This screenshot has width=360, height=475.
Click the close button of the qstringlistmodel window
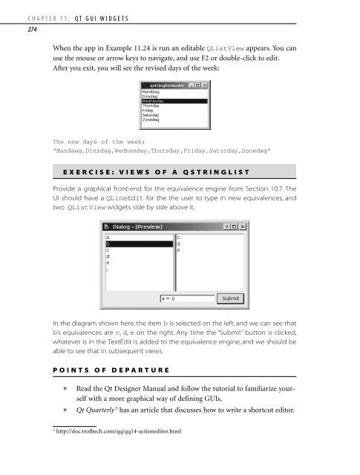(205, 85)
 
